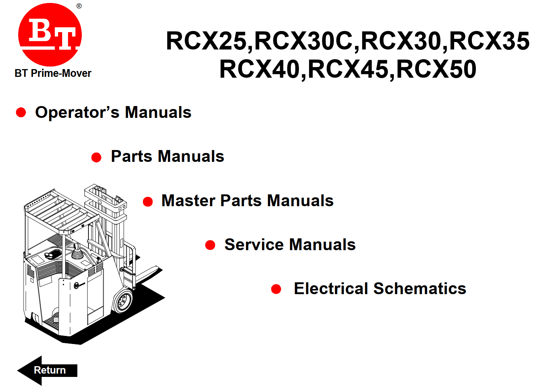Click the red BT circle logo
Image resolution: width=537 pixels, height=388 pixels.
50,35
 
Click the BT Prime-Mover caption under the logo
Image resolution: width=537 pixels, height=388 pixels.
53,73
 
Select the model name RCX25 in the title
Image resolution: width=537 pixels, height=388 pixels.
206,41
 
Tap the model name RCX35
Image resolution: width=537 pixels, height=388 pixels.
489,41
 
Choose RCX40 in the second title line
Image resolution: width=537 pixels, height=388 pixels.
259,69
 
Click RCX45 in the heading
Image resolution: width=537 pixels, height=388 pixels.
348,69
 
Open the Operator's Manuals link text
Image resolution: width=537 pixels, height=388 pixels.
113,112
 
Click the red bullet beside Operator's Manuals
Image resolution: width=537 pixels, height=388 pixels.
21,112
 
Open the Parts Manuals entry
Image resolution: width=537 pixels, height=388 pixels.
167,156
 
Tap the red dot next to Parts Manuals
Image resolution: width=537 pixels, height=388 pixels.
97,157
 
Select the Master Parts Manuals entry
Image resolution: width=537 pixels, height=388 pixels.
248,201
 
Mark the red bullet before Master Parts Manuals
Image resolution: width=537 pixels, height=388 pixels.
148,202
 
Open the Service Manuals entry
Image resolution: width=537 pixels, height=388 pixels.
290,245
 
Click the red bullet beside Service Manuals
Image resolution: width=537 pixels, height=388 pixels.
210,245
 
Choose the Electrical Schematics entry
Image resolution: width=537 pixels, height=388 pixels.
380,289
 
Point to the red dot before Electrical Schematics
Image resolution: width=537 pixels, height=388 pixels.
276,289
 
